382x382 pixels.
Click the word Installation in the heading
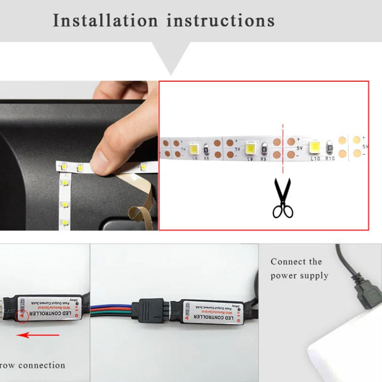[105, 21]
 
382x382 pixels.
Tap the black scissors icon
[283, 198]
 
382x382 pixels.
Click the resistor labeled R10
[329, 148]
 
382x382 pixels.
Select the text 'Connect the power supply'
[299, 268]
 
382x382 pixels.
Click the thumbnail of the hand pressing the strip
[79, 155]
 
